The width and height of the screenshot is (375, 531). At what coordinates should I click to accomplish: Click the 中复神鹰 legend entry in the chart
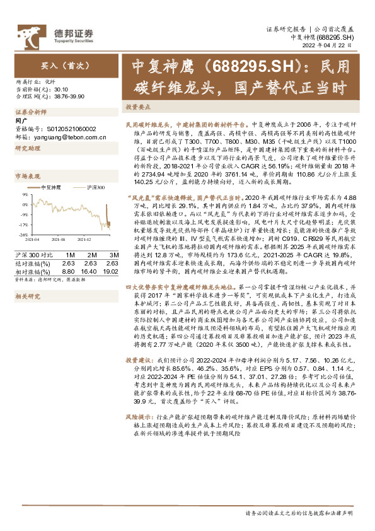50,187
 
